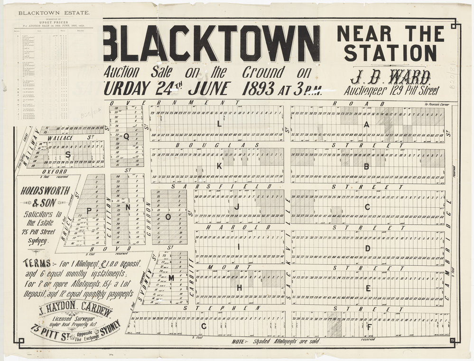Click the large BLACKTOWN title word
click(x=211, y=44)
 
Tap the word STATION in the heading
click(x=390, y=53)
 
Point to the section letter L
click(x=219, y=124)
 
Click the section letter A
click(x=366, y=124)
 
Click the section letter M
click(x=171, y=278)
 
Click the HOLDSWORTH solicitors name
click(x=45, y=191)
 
